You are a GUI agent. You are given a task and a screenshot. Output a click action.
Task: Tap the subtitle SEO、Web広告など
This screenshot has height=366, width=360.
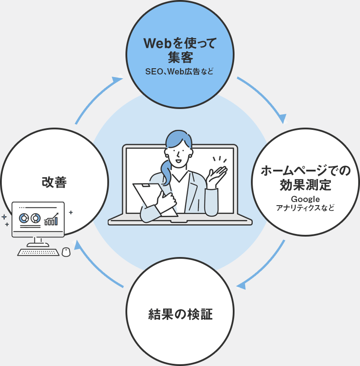coord(180,71)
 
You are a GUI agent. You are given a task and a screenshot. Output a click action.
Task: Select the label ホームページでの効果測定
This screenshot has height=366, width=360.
coord(305,177)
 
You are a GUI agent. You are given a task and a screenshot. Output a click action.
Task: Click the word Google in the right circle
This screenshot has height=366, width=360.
coord(305,199)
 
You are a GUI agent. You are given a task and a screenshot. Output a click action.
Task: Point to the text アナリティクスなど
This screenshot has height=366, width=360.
coord(305,207)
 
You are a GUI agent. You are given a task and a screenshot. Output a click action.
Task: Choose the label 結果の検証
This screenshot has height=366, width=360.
coord(180,315)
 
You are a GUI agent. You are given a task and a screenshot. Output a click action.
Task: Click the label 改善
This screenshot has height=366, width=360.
coord(54,182)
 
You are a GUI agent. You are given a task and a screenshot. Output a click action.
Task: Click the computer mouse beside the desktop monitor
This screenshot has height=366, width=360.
coord(66,252)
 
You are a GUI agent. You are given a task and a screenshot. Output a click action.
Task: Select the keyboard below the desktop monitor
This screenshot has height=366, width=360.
coord(38,252)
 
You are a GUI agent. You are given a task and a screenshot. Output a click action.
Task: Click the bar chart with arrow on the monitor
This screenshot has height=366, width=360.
coord(51,219)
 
